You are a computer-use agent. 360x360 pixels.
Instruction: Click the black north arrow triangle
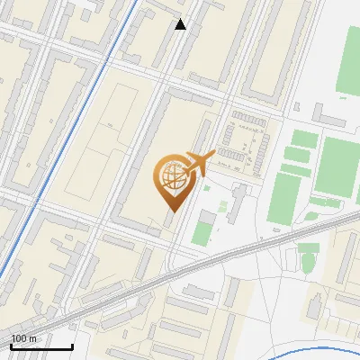pyautogui.click(x=180, y=24)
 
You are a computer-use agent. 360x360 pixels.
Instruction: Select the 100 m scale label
pyautogui.click(x=24, y=338)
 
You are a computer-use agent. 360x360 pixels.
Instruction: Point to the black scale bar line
pyautogui.click(x=41, y=346)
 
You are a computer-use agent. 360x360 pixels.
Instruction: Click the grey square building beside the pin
pyautogui.click(x=208, y=218)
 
